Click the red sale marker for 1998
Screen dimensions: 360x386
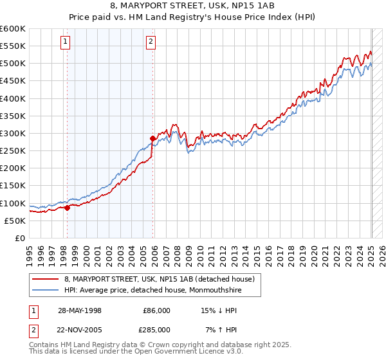[67, 208]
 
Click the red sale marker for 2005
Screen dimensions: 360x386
[152, 138]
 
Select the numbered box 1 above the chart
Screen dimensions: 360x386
[66, 42]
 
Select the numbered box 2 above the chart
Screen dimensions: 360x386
[151, 42]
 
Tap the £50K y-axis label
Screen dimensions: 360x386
[15, 221]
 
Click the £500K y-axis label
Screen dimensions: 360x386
[13, 63]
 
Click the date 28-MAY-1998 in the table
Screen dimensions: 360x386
[80, 310]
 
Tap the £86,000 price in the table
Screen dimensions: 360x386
[156, 310]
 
